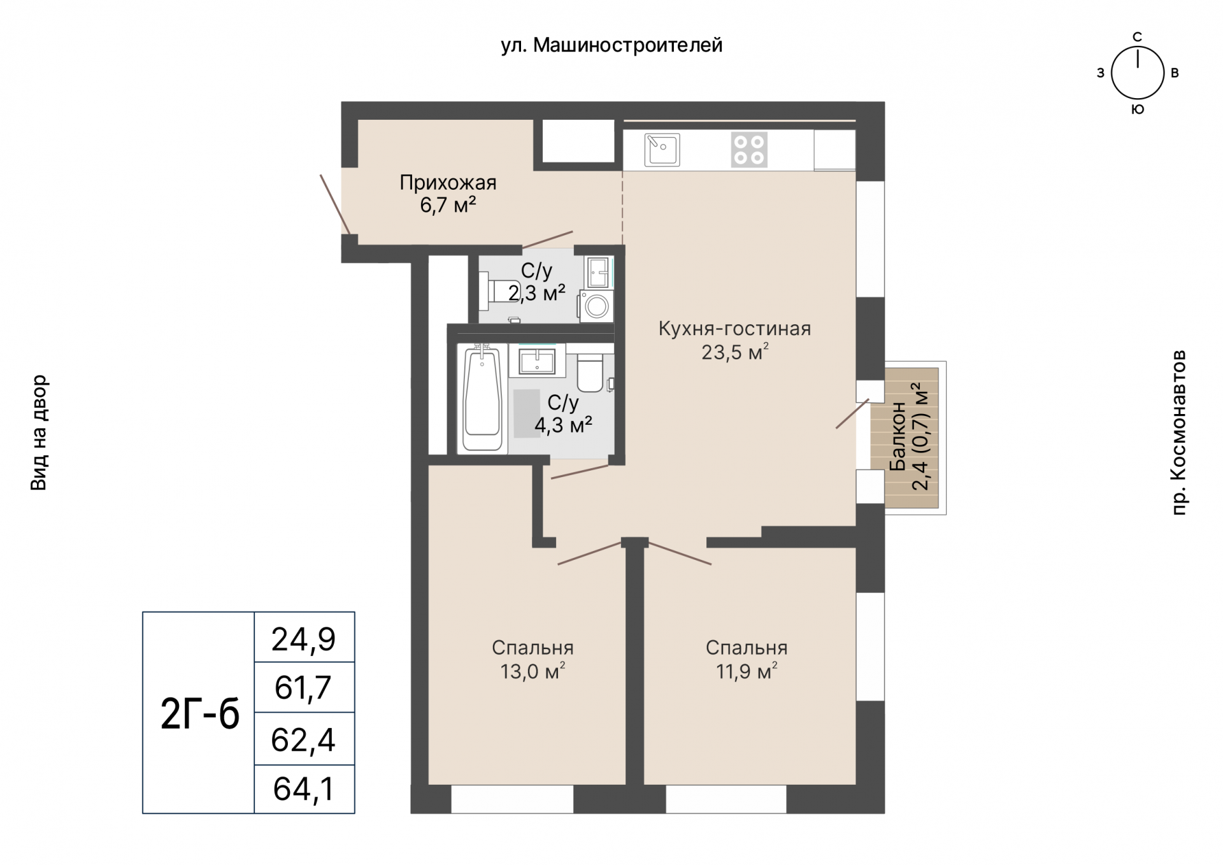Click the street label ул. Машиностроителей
[611, 45]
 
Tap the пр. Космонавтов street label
[1179, 432]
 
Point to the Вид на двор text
[39, 432]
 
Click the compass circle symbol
[1138, 73]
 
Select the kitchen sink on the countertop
[662, 150]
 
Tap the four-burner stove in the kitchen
[749, 150]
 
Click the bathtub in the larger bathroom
[482, 398]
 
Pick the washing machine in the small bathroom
[596, 306]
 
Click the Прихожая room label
[448, 183]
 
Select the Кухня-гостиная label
[734, 329]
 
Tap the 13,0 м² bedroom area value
[533, 671]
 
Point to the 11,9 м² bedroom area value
[747, 671]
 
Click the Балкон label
[897, 436]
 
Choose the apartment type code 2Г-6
[200, 713]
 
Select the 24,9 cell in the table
[304, 638]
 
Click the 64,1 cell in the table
[304, 789]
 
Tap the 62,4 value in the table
[303, 740]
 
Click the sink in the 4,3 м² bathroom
[537, 361]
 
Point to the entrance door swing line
[335, 204]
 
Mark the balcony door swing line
[852, 413]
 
